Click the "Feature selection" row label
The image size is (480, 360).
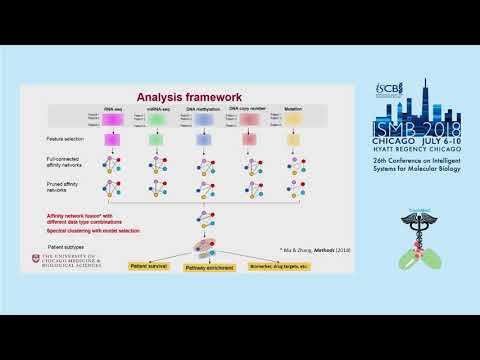[x=64, y=139]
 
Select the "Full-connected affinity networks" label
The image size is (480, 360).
[x=65, y=162]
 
